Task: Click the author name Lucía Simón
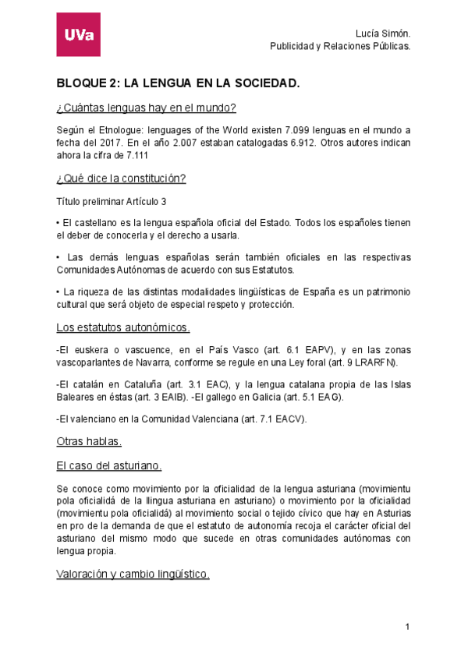382,34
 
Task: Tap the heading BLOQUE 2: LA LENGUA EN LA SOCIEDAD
178,82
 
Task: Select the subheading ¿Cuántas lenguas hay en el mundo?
146,107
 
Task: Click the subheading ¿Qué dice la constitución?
121,179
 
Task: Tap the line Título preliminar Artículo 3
112,201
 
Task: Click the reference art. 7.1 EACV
277,419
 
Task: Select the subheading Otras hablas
89,442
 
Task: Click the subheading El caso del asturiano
109,465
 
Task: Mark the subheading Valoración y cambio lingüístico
133,574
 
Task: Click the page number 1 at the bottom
407,627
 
